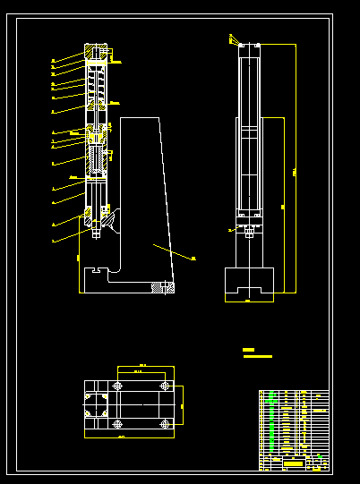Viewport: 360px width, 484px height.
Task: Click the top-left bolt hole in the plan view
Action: pyautogui.click(x=117, y=386)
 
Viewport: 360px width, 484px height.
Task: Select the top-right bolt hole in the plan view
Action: pyautogui.click(x=165, y=386)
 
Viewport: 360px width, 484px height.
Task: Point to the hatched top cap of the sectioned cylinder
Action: pyautogui.click(x=96, y=52)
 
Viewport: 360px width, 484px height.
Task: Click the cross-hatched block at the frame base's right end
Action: pyautogui.click(x=163, y=286)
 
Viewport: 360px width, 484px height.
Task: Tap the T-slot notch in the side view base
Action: pyautogui.click(x=248, y=288)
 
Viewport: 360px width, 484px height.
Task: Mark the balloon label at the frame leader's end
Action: pyautogui.click(x=194, y=258)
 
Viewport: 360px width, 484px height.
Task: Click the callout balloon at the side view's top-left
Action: pyautogui.click(x=231, y=38)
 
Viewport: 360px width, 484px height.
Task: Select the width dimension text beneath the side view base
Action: pyautogui.click(x=248, y=302)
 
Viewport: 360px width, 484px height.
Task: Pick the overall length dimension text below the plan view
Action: pyautogui.click(x=121, y=437)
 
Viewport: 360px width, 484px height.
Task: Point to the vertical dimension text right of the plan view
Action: pyautogui.click(x=182, y=406)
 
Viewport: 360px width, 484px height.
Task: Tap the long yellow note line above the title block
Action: pyautogui.click(x=257, y=356)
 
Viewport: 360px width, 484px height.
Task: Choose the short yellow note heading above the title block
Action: pyautogui.click(x=249, y=349)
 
